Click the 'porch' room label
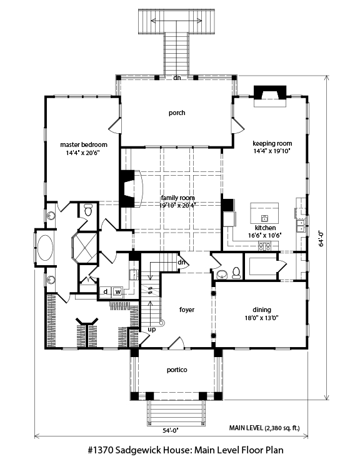177,113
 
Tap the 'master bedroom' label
84,144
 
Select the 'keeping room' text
272,143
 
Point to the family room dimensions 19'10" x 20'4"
177,205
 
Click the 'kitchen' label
265,228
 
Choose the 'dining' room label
262,310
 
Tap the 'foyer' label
187,310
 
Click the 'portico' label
177,370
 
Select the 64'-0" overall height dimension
321,239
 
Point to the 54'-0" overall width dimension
171,430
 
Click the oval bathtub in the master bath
46,248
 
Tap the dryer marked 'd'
106,291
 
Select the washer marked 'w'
118,291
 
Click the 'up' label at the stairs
152,330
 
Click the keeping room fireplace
269,96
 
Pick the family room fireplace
131,189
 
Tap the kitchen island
264,213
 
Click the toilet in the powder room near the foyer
236,273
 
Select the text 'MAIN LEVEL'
246,428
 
